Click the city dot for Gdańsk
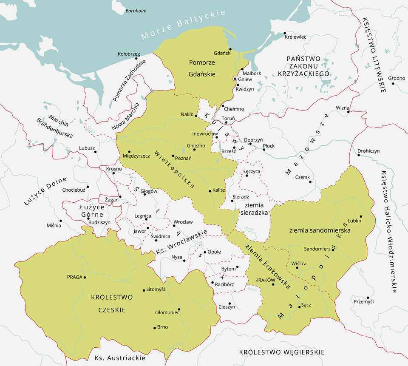tap(229, 48)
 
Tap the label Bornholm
tap(136, 11)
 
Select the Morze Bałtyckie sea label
tap(184, 24)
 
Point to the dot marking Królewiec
tap(284, 33)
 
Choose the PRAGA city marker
tap(85, 277)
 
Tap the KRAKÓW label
tap(263, 280)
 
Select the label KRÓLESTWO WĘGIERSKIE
tap(282, 352)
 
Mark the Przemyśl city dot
tap(368, 298)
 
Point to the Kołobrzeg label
tap(129, 54)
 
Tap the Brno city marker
tap(154, 327)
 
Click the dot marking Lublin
tap(361, 216)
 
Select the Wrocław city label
tap(183, 222)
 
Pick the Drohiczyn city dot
tap(359, 155)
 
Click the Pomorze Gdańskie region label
tap(202, 68)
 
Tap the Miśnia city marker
tap(61, 221)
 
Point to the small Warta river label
tap(249, 229)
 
